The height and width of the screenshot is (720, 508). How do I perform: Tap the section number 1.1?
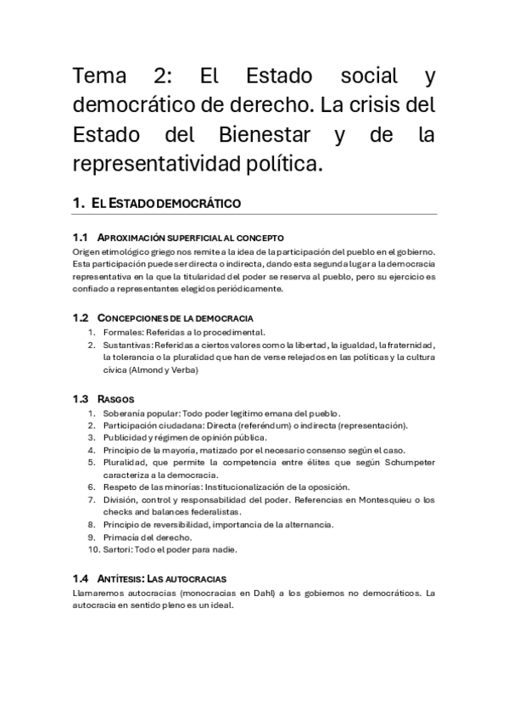81,237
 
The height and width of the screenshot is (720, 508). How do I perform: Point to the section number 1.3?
81,398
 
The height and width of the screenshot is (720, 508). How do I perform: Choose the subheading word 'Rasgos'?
116,398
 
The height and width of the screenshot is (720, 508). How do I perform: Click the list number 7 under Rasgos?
92,500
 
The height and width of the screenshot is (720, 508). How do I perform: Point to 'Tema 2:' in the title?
119,76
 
